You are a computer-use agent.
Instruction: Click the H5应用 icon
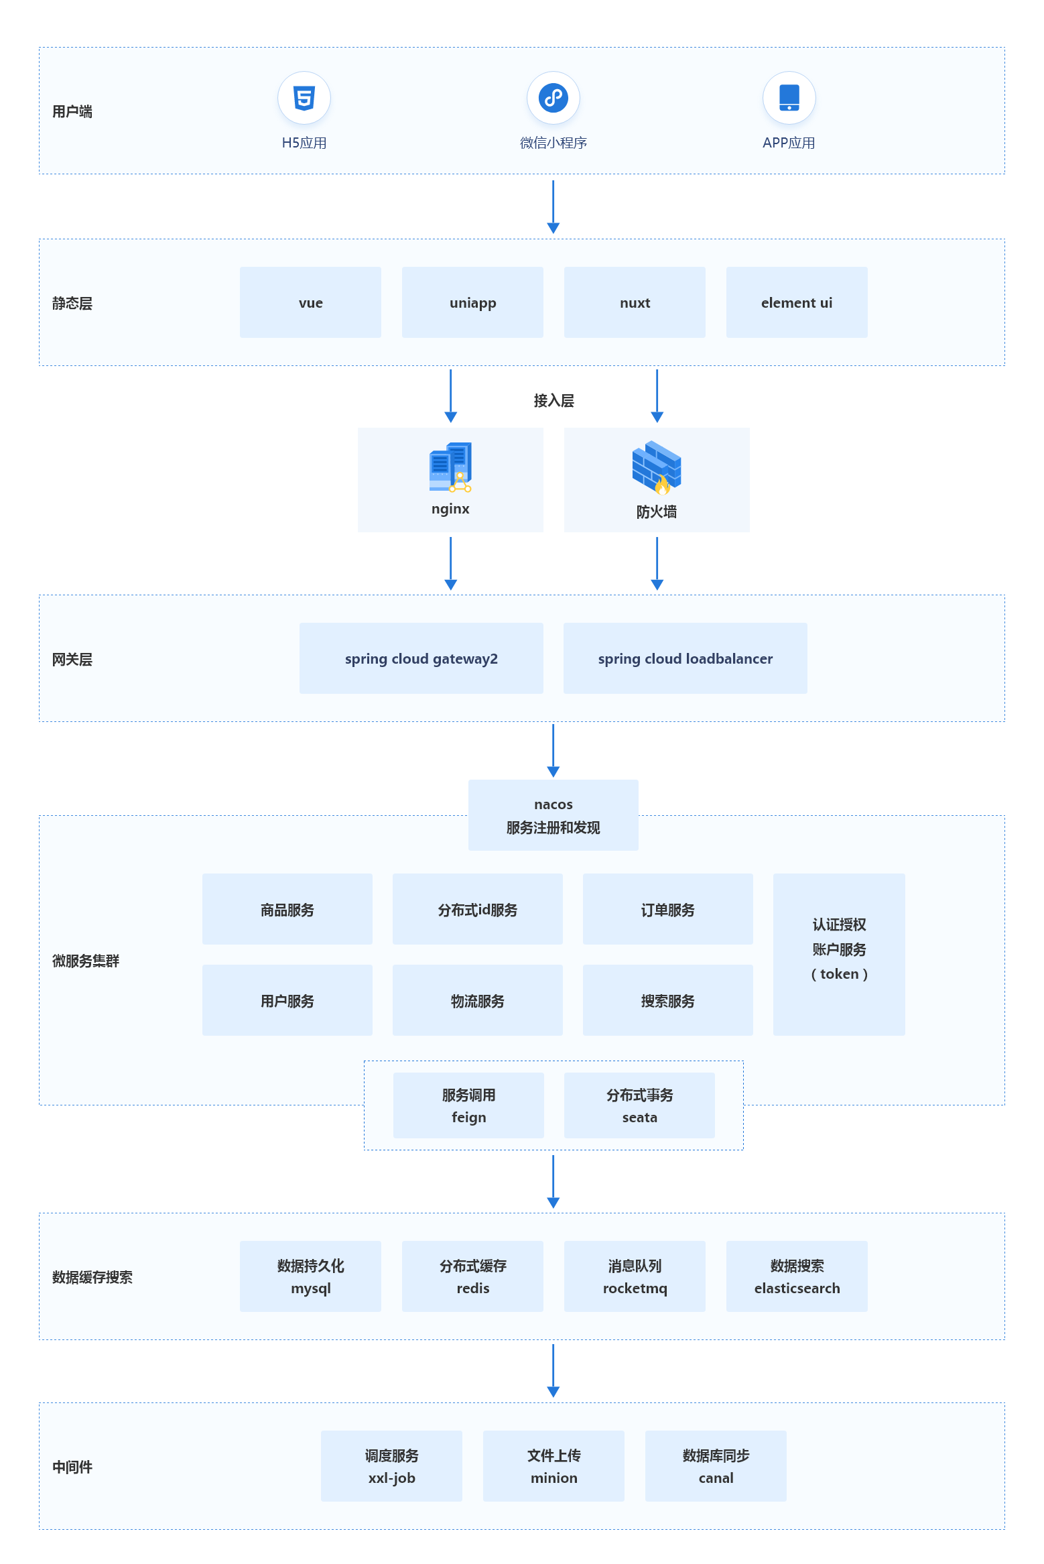tap(304, 99)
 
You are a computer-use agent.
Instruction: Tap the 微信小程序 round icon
tap(553, 99)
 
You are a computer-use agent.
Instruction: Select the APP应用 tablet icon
tap(789, 99)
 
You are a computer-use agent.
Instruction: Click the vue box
tap(310, 302)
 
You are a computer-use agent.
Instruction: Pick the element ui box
tap(796, 302)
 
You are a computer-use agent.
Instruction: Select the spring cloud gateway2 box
tap(421, 658)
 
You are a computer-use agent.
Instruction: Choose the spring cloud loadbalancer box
tap(685, 658)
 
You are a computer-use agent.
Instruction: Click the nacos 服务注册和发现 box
tap(553, 815)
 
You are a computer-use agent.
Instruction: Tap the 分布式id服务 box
tap(477, 909)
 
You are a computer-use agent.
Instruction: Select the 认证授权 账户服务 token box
tap(838, 954)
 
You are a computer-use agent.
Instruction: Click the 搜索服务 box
tap(667, 1000)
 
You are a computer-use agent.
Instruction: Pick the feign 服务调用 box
tap(468, 1105)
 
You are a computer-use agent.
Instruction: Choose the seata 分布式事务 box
tap(639, 1105)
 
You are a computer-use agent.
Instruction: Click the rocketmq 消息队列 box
tap(635, 1276)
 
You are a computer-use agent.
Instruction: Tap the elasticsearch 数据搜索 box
tap(796, 1276)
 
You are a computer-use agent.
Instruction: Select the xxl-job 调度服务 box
tap(391, 1466)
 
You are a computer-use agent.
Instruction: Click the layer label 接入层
tap(553, 401)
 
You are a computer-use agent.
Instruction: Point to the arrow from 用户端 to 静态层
tap(553, 206)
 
